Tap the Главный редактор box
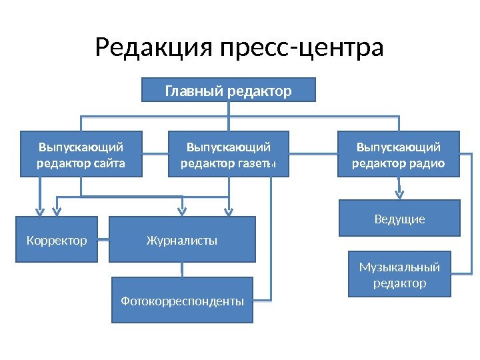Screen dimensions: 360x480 [x=229, y=90]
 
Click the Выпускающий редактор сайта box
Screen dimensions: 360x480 [x=81, y=154]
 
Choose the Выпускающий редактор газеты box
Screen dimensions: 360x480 [x=229, y=154]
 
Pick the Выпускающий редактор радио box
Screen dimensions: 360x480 [x=399, y=154]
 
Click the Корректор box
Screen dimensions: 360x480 [x=56, y=239]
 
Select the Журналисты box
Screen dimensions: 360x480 [x=182, y=239]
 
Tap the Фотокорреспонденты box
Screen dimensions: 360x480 [x=182, y=301]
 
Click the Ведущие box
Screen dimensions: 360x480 [x=399, y=218]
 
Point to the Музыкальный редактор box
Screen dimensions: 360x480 [x=399, y=275]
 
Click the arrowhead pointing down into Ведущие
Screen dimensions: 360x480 [x=399, y=195]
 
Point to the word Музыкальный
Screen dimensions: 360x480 [x=399, y=267]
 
